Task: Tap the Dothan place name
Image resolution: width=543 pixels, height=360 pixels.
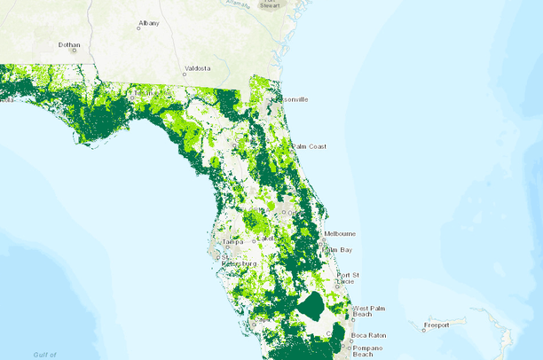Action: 69,43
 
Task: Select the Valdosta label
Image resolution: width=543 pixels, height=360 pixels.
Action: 198,67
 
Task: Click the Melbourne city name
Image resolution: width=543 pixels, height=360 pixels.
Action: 340,233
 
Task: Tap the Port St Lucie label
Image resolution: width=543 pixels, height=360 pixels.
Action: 347,279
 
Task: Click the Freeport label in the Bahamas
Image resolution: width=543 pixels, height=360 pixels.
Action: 437,325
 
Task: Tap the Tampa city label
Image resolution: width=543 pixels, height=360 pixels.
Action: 232,241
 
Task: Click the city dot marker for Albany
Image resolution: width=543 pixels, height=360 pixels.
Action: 138,28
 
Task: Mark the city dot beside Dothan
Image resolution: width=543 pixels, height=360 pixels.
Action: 75,51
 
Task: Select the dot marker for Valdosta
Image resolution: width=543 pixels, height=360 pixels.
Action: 185,74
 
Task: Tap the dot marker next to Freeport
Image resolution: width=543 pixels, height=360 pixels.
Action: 423,330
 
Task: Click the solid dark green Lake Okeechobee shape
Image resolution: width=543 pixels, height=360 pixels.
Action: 311,309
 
